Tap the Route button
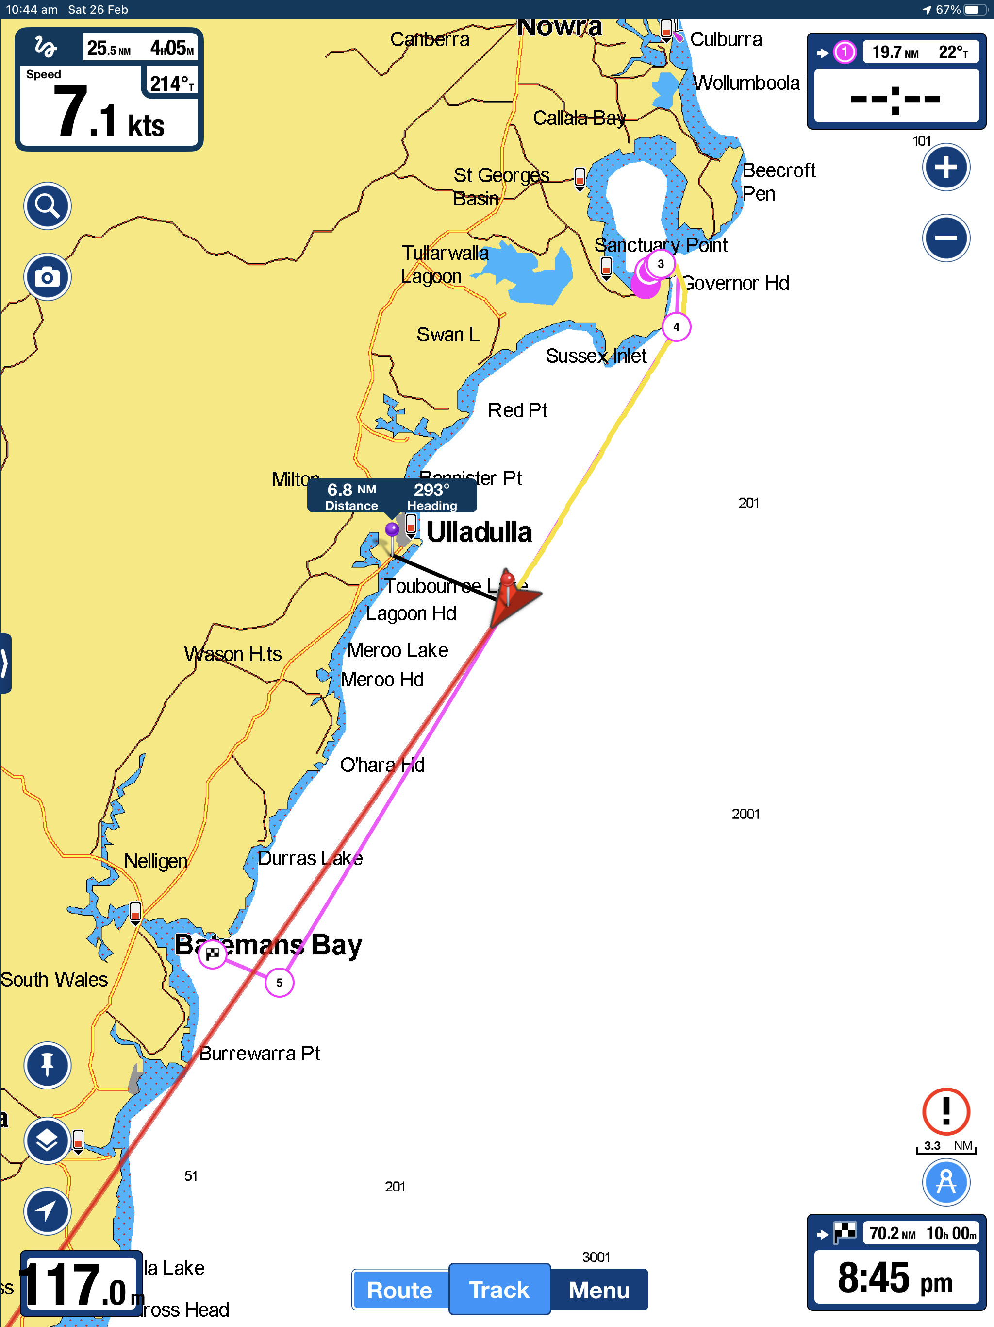[x=399, y=1289]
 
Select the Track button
[x=499, y=1289]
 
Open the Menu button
[x=599, y=1289]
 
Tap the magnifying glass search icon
[x=48, y=206]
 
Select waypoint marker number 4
[x=676, y=327]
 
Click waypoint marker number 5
[x=280, y=983]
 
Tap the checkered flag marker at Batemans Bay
[x=212, y=953]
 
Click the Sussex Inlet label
[x=596, y=356]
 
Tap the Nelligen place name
[x=155, y=861]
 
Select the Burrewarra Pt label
[x=259, y=1054]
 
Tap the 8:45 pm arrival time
[x=895, y=1278]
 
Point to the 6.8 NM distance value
[x=351, y=490]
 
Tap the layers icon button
[x=48, y=1140]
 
